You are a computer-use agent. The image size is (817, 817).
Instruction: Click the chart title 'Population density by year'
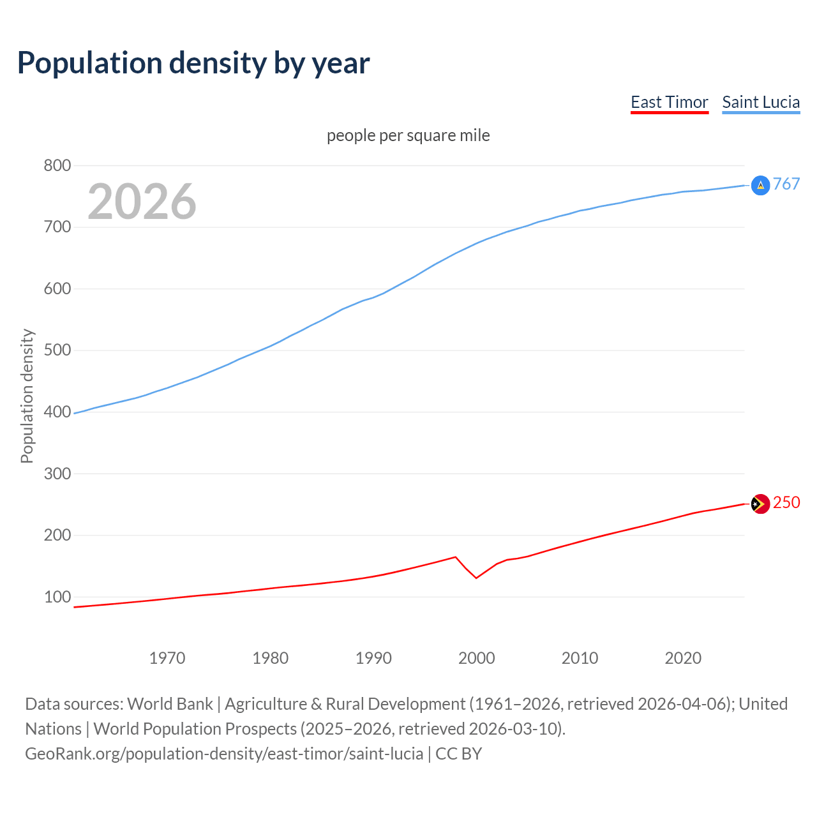pyautogui.click(x=193, y=63)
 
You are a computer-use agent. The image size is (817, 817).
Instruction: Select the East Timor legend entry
pyautogui.click(x=669, y=102)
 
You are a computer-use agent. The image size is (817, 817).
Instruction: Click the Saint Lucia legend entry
pyautogui.click(x=760, y=102)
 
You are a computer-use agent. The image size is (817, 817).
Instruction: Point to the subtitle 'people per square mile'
pyautogui.click(x=408, y=135)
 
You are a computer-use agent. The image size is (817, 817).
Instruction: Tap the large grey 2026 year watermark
pyautogui.click(x=142, y=202)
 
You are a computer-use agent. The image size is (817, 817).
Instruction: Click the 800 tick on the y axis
pyautogui.click(x=57, y=165)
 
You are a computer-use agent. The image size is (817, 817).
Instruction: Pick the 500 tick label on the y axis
pyautogui.click(x=57, y=350)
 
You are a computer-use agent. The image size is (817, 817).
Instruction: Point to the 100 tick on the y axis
pyautogui.click(x=57, y=597)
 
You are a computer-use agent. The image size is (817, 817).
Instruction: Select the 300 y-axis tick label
pyautogui.click(x=57, y=474)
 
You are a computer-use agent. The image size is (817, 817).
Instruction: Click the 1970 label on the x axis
pyautogui.click(x=167, y=658)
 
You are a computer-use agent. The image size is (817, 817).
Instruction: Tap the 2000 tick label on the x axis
pyautogui.click(x=476, y=658)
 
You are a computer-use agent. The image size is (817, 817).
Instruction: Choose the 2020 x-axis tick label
pyautogui.click(x=683, y=658)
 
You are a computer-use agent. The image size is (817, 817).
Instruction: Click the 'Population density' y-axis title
pyautogui.click(x=27, y=396)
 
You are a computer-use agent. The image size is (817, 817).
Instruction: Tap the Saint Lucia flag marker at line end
pyautogui.click(x=760, y=185)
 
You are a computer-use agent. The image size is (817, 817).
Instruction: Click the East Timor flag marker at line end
pyautogui.click(x=760, y=504)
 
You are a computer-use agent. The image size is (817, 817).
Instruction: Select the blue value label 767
pyautogui.click(x=786, y=184)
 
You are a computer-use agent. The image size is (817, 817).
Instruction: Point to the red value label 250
pyautogui.click(x=786, y=503)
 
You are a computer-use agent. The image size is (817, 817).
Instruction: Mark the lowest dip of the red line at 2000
pyautogui.click(x=476, y=578)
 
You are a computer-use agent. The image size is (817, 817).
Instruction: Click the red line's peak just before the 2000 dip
pyautogui.click(x=456, y=557)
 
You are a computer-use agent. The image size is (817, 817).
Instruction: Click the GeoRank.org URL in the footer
pyautogui.click(x=224, y=754)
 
